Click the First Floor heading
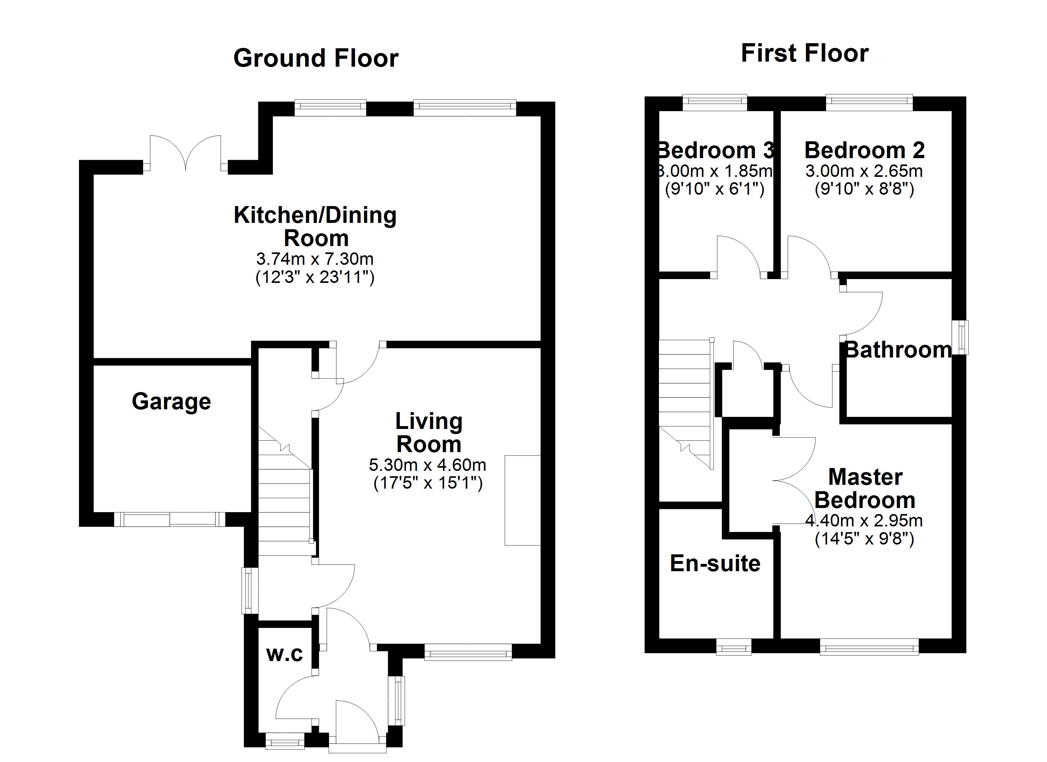(805, 53)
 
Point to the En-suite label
(714, 563)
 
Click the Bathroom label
(898, 350)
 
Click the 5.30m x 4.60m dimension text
(427, 465)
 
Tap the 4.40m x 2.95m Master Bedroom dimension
(864, 521)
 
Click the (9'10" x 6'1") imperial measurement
(714, 189)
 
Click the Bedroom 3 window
(714, 102)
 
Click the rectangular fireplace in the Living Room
(522, 500)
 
